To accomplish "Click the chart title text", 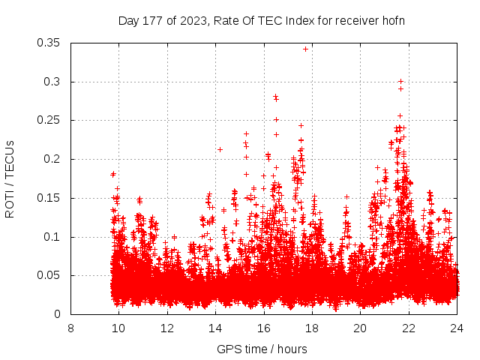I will [262, 20].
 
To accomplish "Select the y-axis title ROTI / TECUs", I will [10, 178].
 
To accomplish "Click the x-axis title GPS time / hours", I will [262, 349].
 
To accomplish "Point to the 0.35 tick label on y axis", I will [49, 43].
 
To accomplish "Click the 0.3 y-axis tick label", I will [53, 82].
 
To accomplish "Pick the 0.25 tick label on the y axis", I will [49, 120].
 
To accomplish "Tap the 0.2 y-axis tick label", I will [53, 159].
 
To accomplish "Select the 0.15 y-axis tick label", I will [49, 198].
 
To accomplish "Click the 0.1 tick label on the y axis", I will [53, 237].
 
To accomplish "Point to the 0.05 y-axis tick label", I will [49, 275].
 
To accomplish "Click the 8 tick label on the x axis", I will [70, 328].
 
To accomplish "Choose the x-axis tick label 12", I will [167, 328].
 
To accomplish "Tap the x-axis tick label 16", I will [263, 328].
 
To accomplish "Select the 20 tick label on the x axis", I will [360, 328].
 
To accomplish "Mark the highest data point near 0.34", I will [305, 49].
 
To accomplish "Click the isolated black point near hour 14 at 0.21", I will [220, 149].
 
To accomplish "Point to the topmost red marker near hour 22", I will [400, 81].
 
